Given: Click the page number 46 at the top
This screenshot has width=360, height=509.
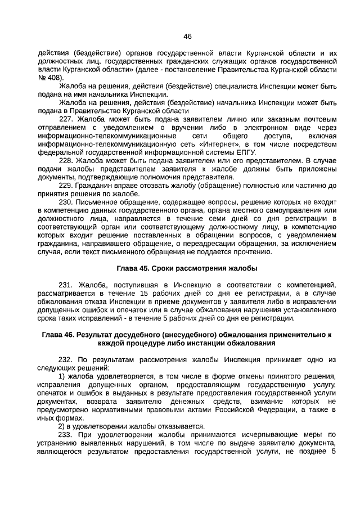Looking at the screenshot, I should coord(188,37).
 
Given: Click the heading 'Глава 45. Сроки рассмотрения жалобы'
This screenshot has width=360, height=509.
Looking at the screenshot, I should coord(187,267).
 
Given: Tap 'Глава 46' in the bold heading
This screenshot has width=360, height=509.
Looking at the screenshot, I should coord(58,335).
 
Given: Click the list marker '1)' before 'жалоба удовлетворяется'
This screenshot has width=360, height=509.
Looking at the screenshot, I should coord(62,376).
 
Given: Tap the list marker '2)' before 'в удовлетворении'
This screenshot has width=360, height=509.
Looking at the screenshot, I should coord(62,426).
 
